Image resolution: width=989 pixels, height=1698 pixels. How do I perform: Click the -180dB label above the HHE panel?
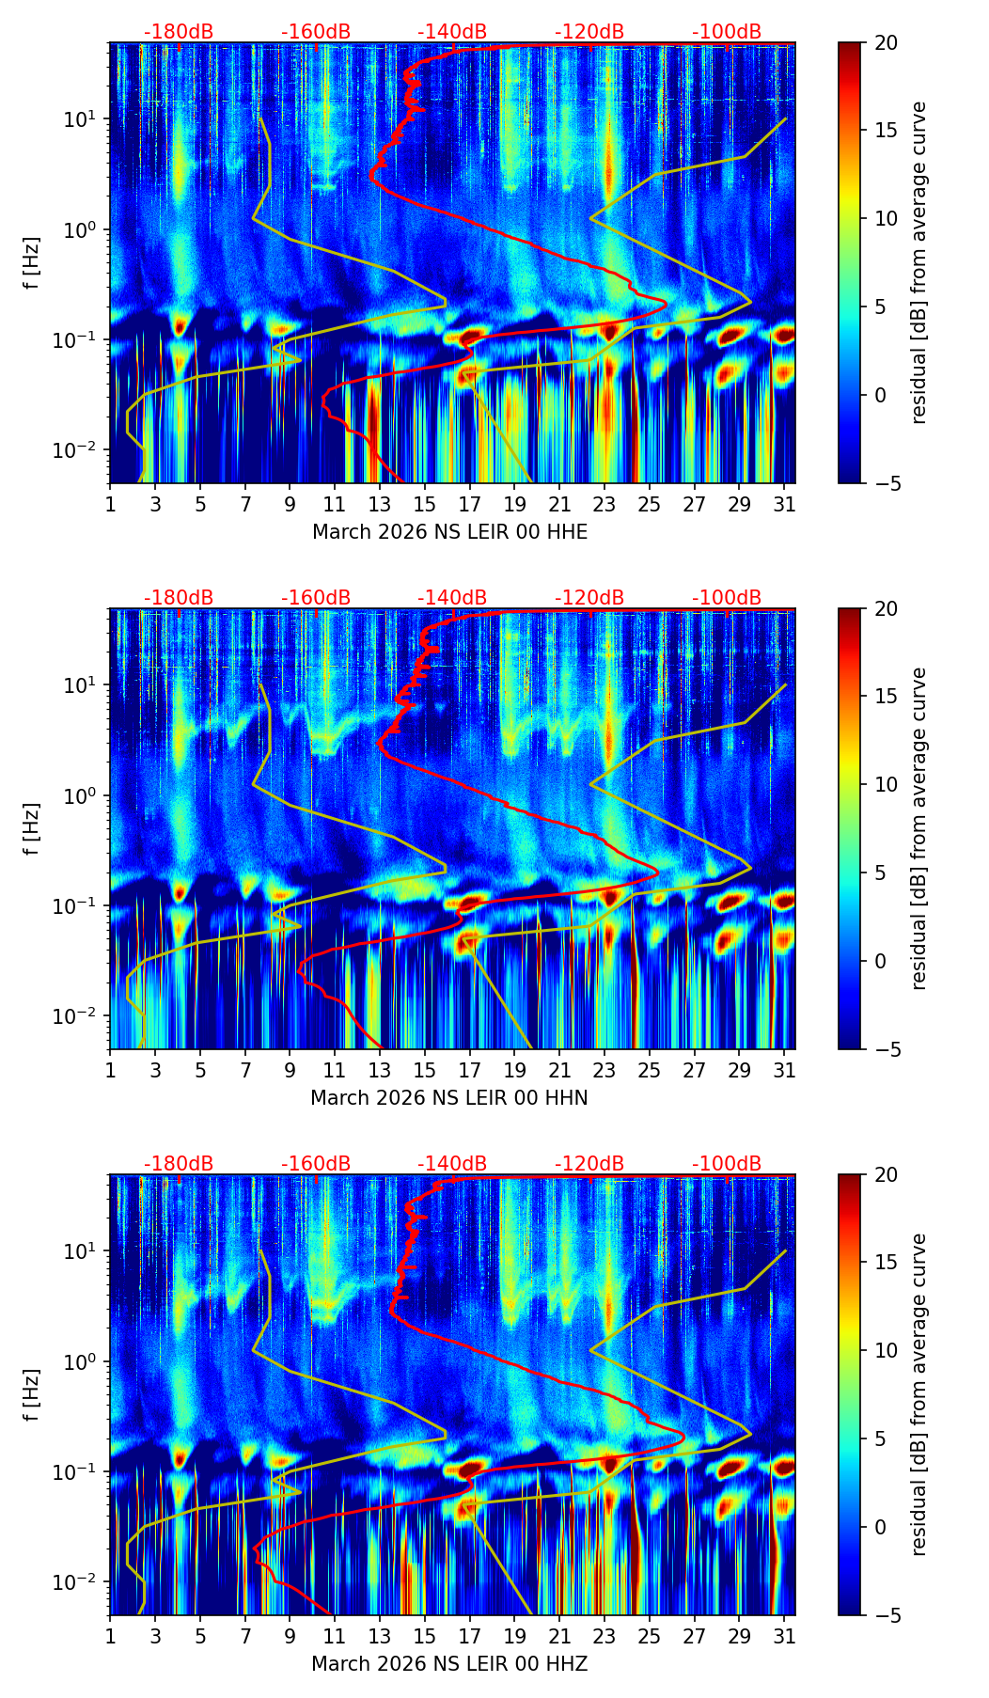coord(179,32)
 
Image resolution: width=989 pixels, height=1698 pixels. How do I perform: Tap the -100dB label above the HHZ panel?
coord(727,1164)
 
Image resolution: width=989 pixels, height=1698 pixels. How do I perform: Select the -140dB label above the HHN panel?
coord(452,598)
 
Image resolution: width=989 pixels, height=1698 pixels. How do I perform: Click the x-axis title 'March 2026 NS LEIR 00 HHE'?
coord(449,532)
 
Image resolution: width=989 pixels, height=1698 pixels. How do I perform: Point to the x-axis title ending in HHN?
coord(449,1098)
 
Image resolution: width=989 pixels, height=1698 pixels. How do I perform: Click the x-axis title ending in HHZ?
coord(449,1664)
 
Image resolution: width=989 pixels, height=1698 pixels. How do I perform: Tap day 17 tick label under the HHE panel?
coord(469,505)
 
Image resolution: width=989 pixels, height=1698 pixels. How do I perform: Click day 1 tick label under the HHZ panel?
coord(111,1637)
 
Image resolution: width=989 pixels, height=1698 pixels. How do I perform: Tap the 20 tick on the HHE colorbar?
coord(886,42)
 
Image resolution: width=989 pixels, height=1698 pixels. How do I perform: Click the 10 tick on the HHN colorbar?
coord(886,784)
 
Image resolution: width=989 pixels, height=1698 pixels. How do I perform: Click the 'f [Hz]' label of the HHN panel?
coord(32,828)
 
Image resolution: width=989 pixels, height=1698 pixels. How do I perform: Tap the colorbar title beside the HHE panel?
coord(918,262)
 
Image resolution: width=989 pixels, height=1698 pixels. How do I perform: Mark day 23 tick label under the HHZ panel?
coord(604,1637)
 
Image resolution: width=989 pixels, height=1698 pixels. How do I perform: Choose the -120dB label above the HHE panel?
coord(589,32)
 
